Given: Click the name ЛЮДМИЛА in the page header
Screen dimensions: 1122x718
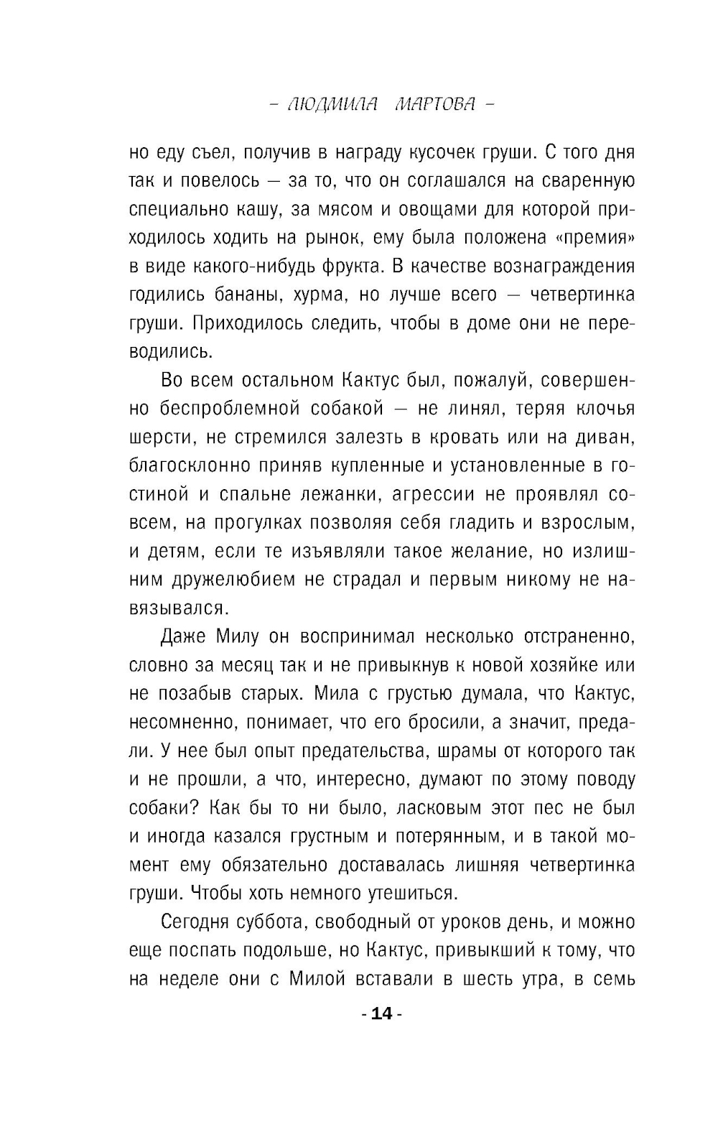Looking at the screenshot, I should click(332, 104).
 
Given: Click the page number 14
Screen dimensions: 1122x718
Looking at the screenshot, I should click(382, 1014).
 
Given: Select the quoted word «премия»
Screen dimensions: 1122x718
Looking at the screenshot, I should click(595, 238).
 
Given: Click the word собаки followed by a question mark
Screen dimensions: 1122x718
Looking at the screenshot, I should click(164, 807).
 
